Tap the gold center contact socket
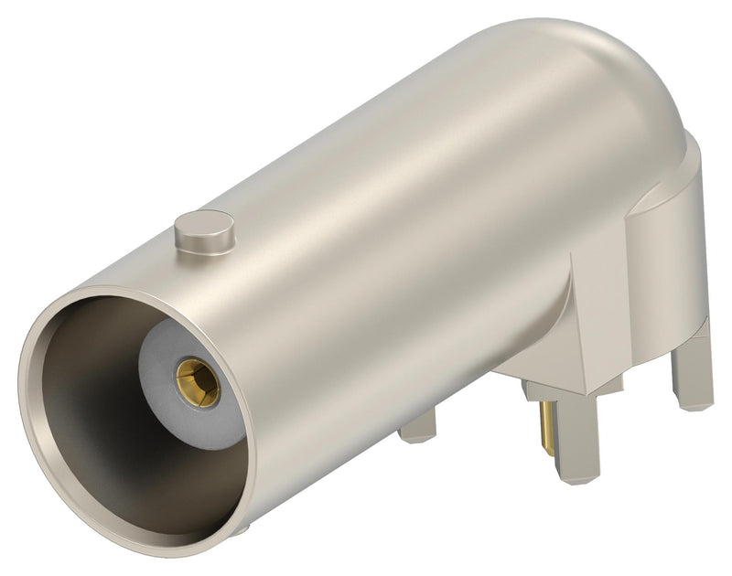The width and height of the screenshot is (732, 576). tap(198, 382)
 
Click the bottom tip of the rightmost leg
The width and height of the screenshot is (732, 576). tap(693, 402)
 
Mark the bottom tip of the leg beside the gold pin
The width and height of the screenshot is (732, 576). tap(577, 475)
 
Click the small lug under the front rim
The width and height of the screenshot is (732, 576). tap(240, 529)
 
